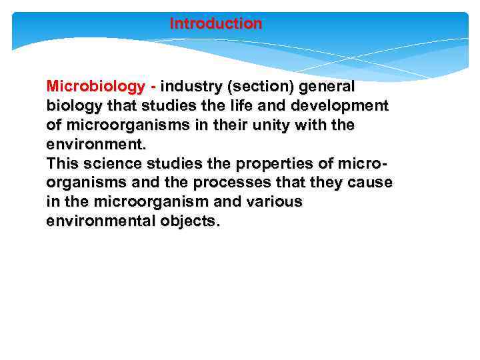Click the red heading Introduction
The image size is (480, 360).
click(216, 24)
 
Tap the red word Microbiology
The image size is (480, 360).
click(96, 87)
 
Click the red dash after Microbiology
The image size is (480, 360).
click(154, 87)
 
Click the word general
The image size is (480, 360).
click(327, 87)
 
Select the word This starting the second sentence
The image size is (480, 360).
click(63, 163)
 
